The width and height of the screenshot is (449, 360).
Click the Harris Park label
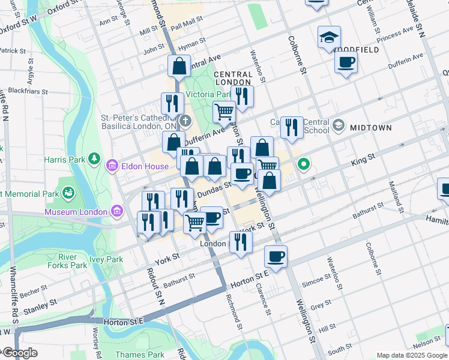click(64, 160)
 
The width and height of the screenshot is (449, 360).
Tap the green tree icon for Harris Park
click(94, 158)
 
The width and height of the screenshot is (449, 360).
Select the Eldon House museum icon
click(112, 166)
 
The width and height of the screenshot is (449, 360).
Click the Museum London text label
click(75, 212)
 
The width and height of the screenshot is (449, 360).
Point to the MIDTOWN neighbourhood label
click(371, 128)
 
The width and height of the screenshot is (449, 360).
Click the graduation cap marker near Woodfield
click(329, 38)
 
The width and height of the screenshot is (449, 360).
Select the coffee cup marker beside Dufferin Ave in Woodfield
click(346, 62)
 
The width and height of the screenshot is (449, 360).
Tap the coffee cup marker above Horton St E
click(276, 256)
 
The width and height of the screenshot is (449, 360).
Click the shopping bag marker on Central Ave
click(179, 66)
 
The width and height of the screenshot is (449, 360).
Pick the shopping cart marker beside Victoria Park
click(224, 111)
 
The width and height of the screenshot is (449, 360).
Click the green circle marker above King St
click(304, 163)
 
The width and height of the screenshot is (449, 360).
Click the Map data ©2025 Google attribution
click(412, 355)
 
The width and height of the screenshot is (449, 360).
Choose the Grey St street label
click(321, 305)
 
